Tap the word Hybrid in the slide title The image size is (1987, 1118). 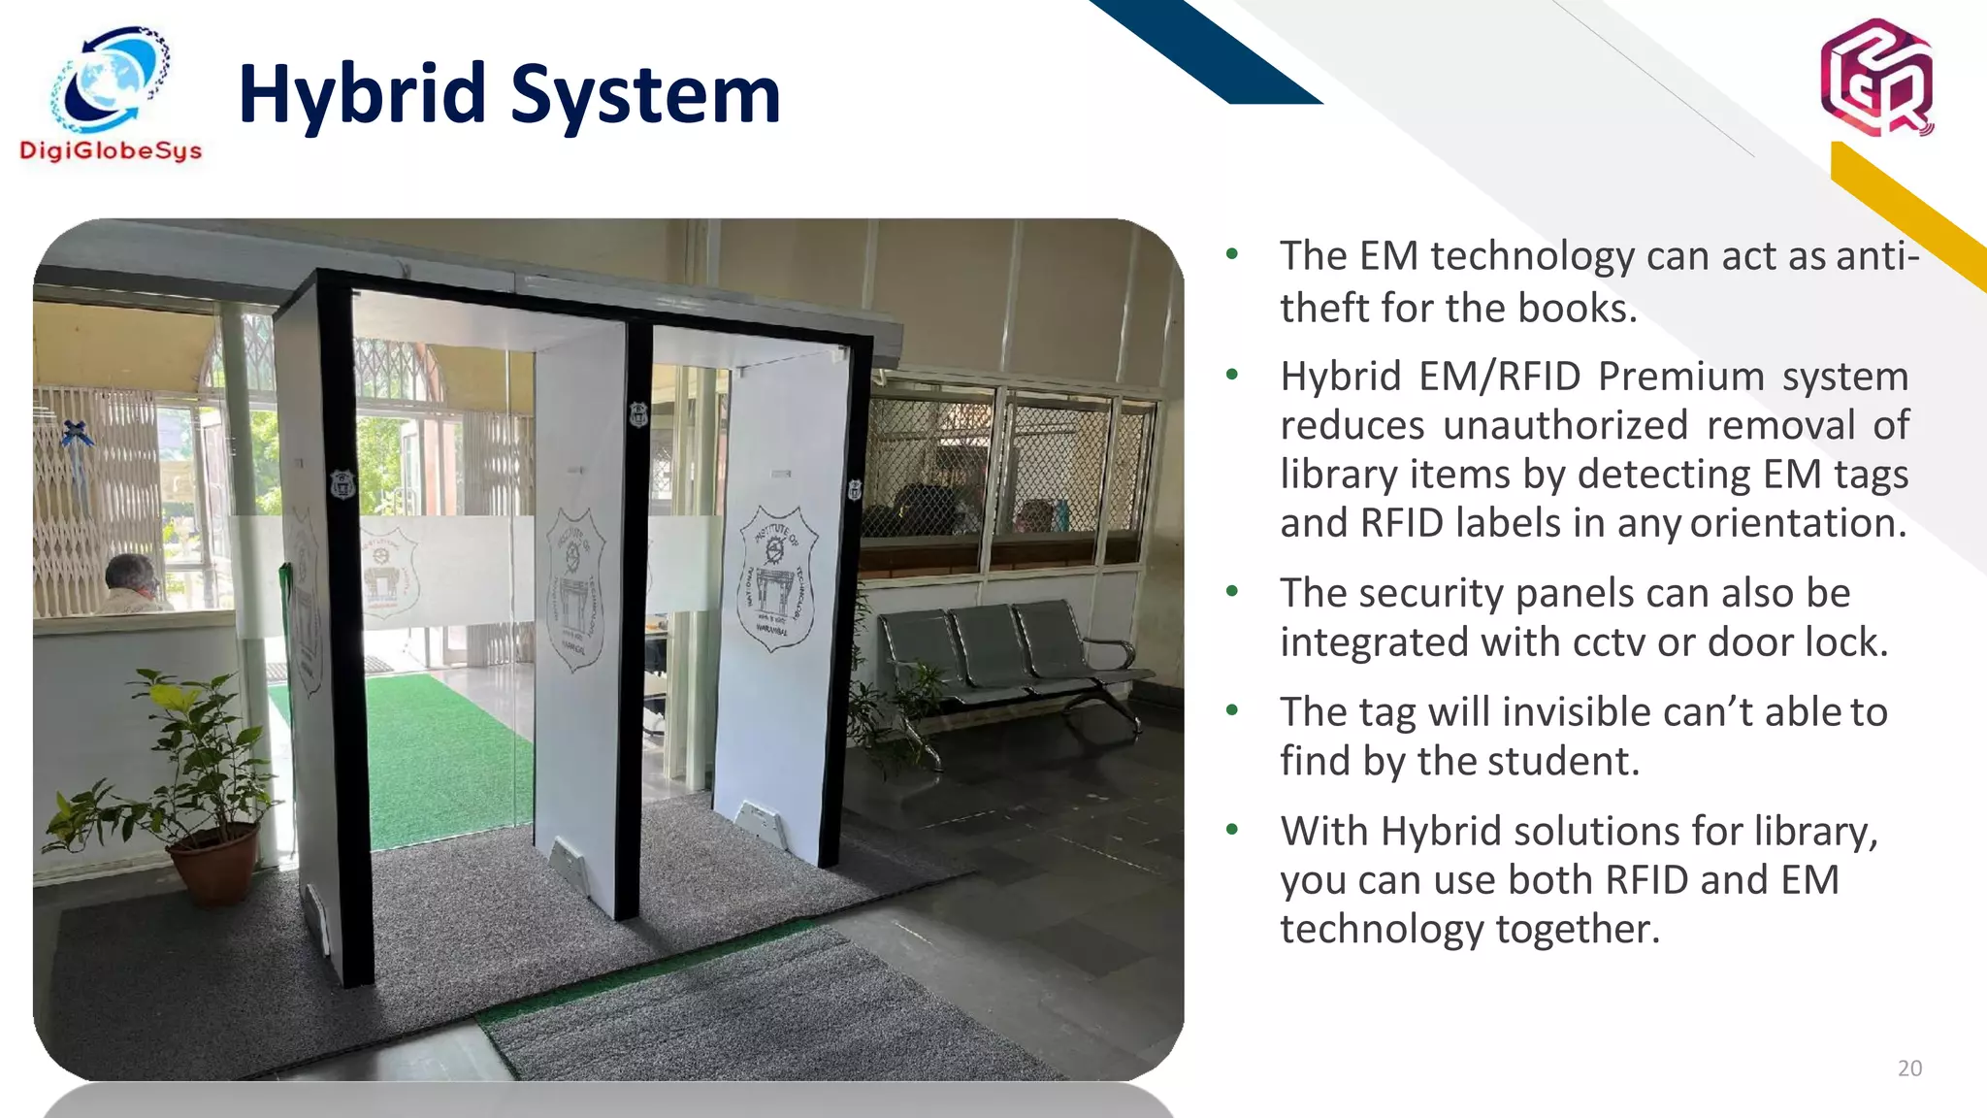(x=361, y=95)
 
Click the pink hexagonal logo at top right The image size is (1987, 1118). (x=1876, y=78)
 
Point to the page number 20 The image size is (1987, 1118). (x=1909, y=1069)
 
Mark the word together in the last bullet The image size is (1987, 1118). (x=1576, y=929)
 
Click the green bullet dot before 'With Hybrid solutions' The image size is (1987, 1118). (x=1232, y=830)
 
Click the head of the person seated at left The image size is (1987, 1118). (x=130, y=575)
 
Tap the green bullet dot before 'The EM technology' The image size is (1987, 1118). (x=1232, y=254)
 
